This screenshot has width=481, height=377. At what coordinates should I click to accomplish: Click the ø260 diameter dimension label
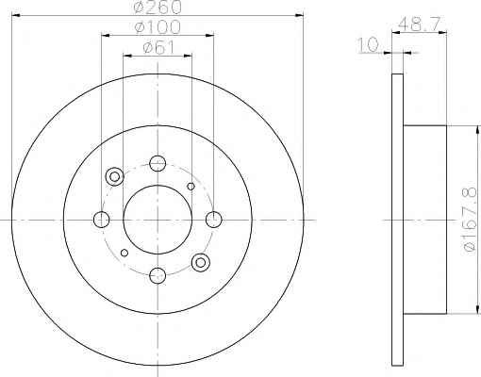point(158,7)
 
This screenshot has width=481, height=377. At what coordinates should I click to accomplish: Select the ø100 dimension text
point(158,27)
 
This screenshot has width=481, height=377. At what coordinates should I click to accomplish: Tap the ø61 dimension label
point(158,48)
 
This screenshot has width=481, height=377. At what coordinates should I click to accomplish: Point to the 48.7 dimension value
point(418,24)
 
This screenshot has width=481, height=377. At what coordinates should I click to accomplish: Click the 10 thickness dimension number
point(368,44)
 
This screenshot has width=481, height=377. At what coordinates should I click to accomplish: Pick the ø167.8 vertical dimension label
point(470,221)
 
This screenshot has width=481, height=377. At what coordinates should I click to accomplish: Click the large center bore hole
point(158,220)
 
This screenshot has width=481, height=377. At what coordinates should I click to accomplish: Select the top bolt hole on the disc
point(158,163)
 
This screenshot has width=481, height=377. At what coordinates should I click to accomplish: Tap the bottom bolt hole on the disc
point(158,276)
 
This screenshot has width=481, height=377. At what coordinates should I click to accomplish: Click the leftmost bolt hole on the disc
point(102,220)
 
